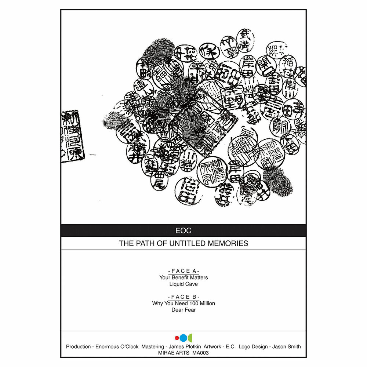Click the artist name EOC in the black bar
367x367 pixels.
pyautogui.click(x=183, y=231)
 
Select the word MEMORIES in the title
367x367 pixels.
pyautogui.click(x=229, y=243)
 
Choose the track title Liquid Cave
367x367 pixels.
pyautogui.click(x=183, y=284)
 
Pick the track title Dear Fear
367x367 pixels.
pyautogui.click(x=183, y=310)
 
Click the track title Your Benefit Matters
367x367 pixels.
pyautogui.click(x=183, y=278)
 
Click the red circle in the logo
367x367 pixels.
pyautogui.click(x=177, y=338)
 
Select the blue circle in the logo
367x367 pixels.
pyautogui.click(x=183, y=338)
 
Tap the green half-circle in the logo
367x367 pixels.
pyautogui.click(x=190, y=338)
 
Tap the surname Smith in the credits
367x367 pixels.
pyautogui.click(x=293, y=346)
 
